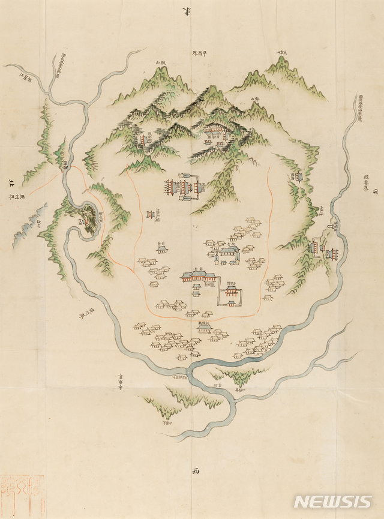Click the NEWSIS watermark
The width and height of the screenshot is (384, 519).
pos(333,502)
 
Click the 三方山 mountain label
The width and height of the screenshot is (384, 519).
pos(280,53)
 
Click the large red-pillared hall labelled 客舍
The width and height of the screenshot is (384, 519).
pos(198,277)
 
